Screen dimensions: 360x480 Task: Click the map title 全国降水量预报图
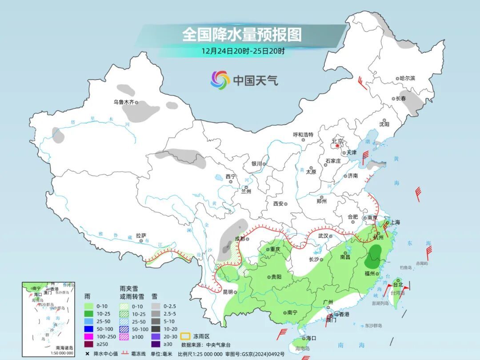pos(242,34)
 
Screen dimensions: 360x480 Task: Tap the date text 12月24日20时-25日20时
pos(243,51)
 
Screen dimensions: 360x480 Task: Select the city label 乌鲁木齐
pos(123,102)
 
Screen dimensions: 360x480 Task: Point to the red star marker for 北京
pos(338,145)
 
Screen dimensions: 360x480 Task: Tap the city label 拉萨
pos(141,236)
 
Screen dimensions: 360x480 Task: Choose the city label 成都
pos(240,239)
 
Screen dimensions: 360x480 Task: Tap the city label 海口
pos(311,338)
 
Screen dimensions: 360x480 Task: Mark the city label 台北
pos(398,284)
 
